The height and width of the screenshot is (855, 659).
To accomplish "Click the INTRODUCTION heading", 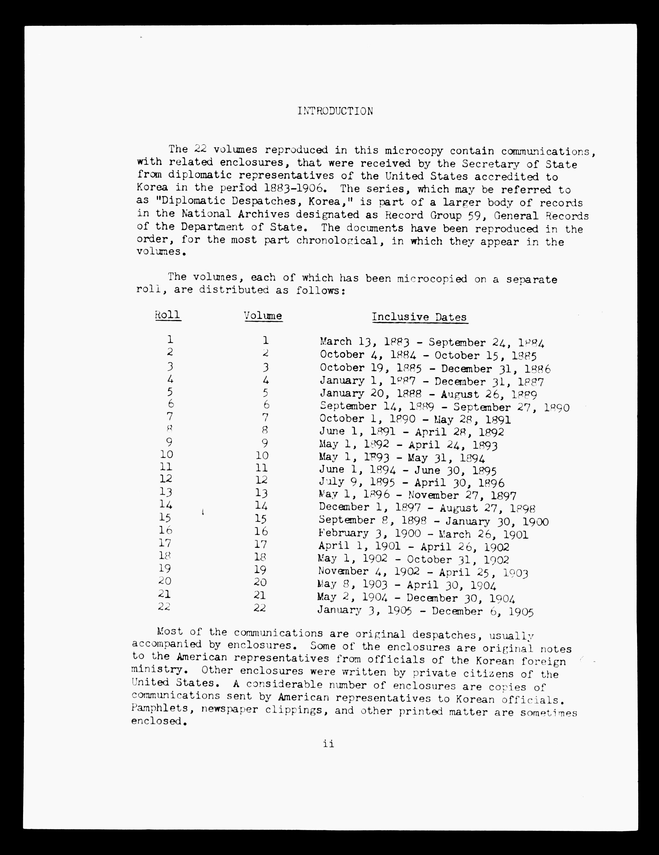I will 335,111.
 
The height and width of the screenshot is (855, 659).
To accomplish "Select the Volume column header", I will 263,316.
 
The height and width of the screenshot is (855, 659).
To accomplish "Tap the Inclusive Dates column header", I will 420,317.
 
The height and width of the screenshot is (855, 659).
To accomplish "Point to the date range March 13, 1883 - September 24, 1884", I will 432,342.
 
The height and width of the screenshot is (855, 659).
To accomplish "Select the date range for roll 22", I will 425,612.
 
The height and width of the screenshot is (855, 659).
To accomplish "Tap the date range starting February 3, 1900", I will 423,534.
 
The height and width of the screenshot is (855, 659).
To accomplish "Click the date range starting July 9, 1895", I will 412,483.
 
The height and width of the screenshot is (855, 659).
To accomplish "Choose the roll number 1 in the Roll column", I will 170,339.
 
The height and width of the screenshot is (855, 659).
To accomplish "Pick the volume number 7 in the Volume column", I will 265,418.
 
